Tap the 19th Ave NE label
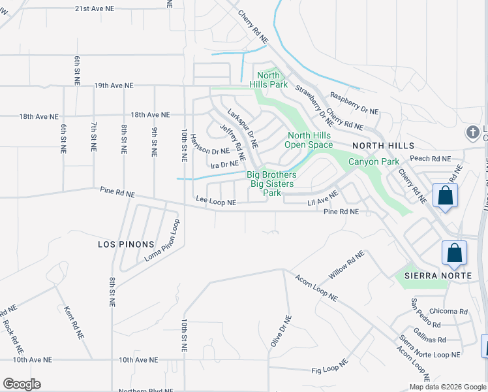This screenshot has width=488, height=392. point(114,86)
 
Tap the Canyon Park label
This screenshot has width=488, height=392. point(373,161)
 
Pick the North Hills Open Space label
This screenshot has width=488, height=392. point(311,140)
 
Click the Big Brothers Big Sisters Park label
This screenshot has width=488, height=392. point(271,184)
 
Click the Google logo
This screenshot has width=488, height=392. point(22,384)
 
